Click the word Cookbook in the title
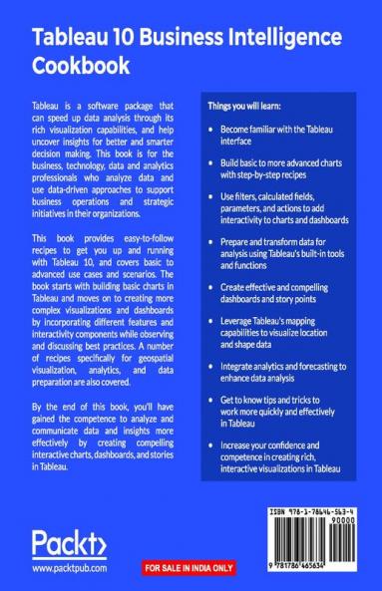click(82, 68)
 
